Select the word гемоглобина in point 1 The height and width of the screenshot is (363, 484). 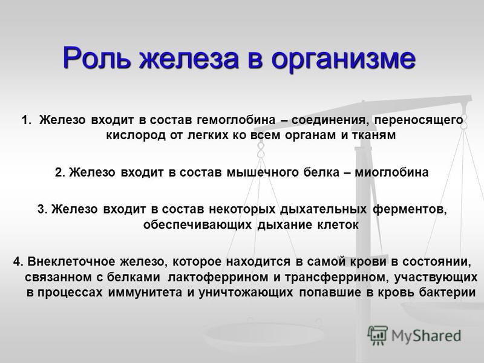(236, 120)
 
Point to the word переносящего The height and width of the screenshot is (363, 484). (419, 120)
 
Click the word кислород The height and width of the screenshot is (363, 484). (136, 135)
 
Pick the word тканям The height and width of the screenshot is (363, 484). (374, 135)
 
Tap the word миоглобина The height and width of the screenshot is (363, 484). (391, 172)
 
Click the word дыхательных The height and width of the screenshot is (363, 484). (324, 209)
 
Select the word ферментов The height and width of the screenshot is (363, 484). (410, 209)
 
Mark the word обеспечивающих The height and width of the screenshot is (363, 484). (198, 224)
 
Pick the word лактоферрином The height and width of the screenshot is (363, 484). (218, 277)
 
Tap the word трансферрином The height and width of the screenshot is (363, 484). (336, 277)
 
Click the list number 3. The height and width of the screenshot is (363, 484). (42, 209)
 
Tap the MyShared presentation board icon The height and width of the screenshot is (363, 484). (377, 335)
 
